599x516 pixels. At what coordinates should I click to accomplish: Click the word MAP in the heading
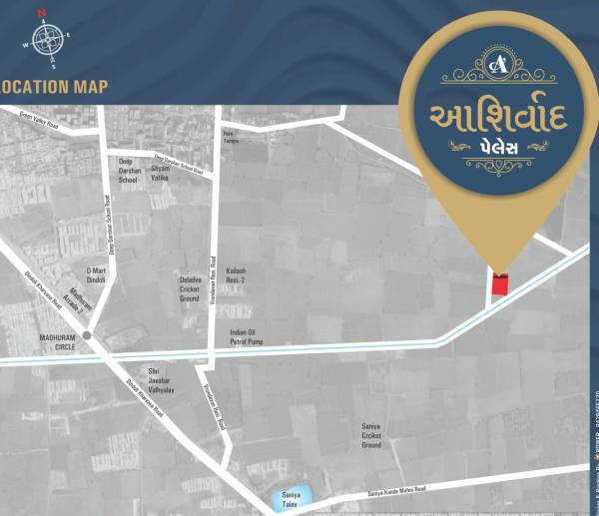point(90,87)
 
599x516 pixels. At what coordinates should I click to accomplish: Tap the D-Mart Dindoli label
point(96,273)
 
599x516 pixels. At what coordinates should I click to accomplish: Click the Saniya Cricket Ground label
point(371,434)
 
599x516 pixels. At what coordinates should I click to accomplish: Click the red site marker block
point(499,282)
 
